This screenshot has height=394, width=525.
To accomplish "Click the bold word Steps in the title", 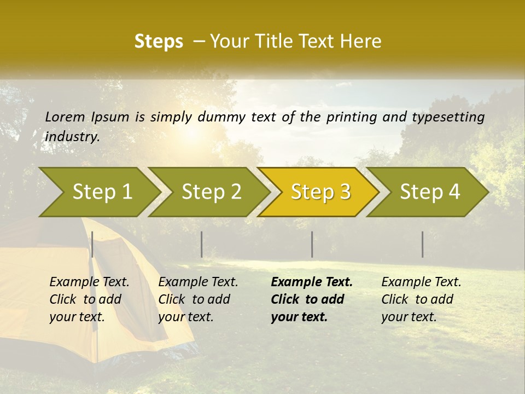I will pos(159,42).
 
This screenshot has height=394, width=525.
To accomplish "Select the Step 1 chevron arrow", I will pos(98,192).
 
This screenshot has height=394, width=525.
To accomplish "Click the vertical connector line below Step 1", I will pos(92,244).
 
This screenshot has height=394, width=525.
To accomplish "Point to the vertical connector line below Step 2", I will pos(202,244).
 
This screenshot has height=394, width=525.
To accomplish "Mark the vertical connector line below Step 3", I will pos(312,244).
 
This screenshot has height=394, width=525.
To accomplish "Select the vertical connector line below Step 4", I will pos(423,244).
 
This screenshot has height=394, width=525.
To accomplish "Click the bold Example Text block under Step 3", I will pos(312,299).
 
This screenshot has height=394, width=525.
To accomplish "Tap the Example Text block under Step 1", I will pos(89,299).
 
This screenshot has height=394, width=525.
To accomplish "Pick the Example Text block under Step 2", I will pos(198,299).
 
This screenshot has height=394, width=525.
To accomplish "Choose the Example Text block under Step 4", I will pos(421,299).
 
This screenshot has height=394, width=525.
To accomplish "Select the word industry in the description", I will pos(72,137).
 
